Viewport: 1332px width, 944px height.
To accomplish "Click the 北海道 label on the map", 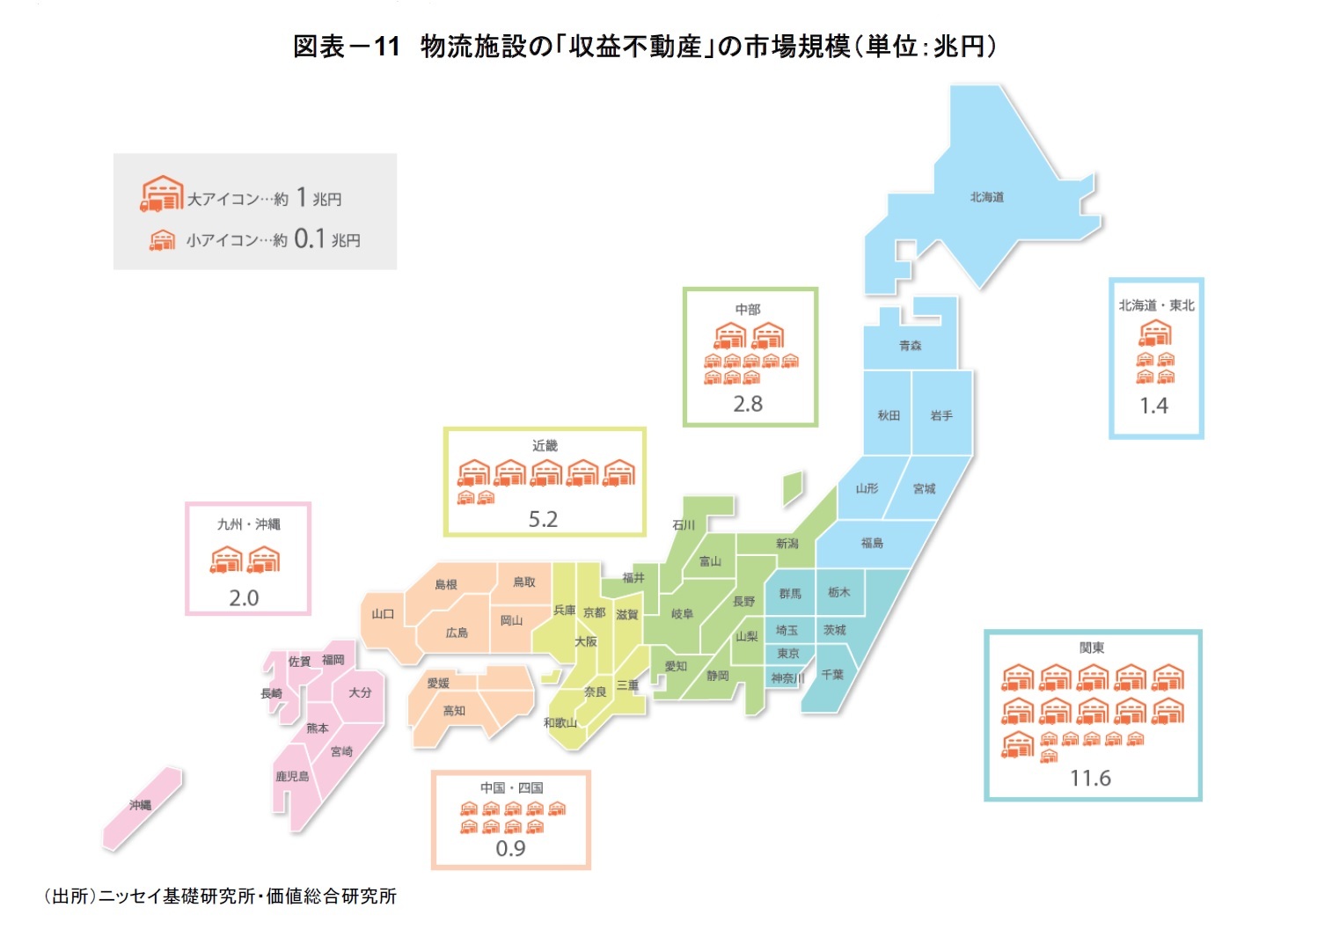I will click(x=986, y=197).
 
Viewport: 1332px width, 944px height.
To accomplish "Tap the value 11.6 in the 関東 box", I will click(x=1090, y=778).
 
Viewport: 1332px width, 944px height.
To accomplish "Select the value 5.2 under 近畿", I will click(x=543, y=519).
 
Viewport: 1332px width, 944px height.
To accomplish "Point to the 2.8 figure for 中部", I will click(x=748, y=404).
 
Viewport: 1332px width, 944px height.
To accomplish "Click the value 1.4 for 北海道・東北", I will click(x=1153, y=406).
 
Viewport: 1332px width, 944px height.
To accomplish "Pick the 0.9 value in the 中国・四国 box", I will click(x=510, y=848).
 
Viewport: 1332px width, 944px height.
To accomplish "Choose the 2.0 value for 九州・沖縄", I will click(x=244, y=598).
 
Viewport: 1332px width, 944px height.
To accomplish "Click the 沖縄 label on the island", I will click(x=141, y=805).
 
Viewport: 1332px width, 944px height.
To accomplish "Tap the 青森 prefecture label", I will click(x=911, y=346).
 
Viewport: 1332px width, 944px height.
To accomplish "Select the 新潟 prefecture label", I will click(x=787, y=544).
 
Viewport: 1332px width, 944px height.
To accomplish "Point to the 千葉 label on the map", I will click(x=832, y=674).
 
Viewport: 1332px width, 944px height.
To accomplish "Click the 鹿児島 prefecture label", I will click(x=292, y=776).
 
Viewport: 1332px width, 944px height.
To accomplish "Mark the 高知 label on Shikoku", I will click(x=454, y=711).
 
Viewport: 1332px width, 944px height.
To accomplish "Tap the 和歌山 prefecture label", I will click(x=560, y=722).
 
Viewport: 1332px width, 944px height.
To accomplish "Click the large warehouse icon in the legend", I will click(x=162, y=194).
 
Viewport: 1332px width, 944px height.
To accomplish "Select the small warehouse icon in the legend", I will click(x=162, y=239).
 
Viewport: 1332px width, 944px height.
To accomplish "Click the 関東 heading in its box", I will click(x=1092, y=648).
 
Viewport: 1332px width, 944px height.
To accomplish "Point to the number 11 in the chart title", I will click(x=386, y=47).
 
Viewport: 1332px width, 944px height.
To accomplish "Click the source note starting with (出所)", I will click(x=220, y=896).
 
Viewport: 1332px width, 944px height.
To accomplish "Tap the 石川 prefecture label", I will click(x=684, y=525).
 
